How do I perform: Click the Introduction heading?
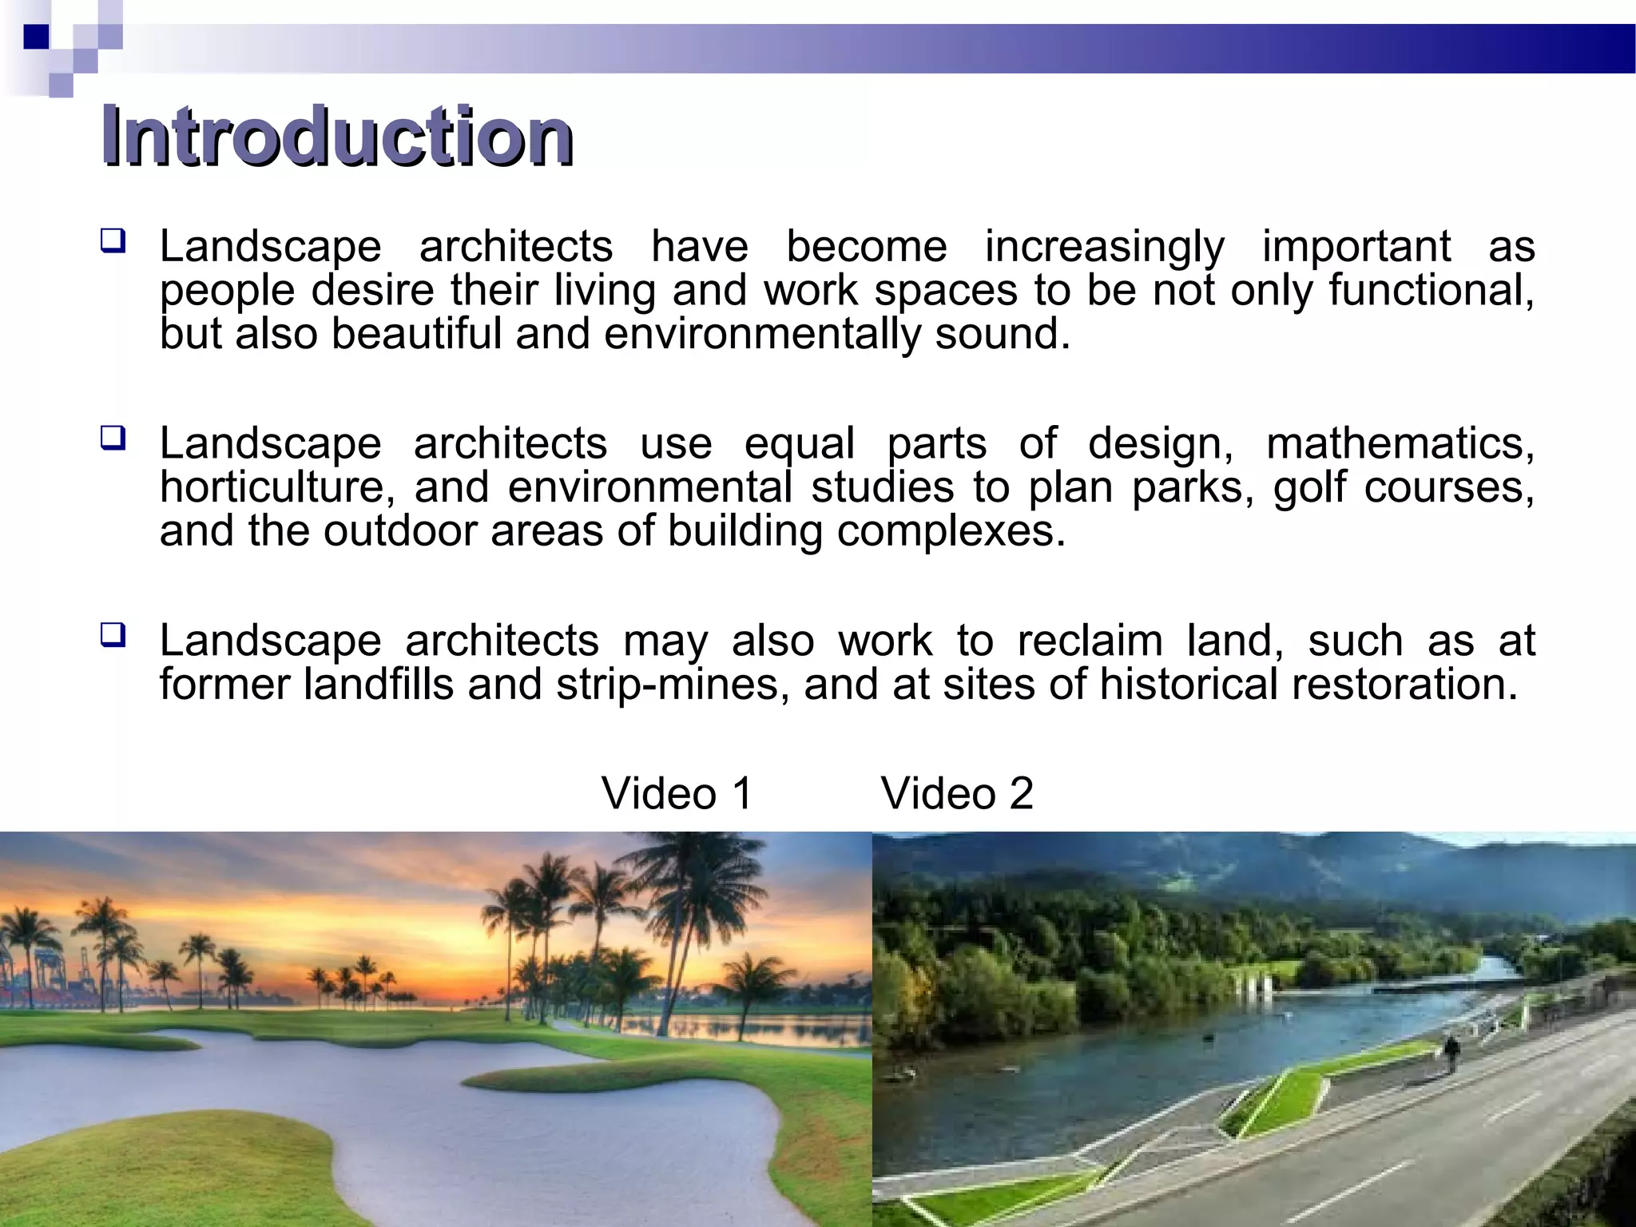click(336, 137)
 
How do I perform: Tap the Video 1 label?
click(677, 793)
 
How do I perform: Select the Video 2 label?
click(957, 793)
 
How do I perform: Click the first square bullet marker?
click(113, 240)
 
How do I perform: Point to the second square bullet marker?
click(113, 438)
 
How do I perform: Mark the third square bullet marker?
click(113, 635)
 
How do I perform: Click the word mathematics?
click(1400, 444)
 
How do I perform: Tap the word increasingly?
click(1104, 248)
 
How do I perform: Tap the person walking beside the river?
click(1451, 1051)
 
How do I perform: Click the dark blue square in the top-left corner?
click(37, 37)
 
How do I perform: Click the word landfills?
click(379, 685)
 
